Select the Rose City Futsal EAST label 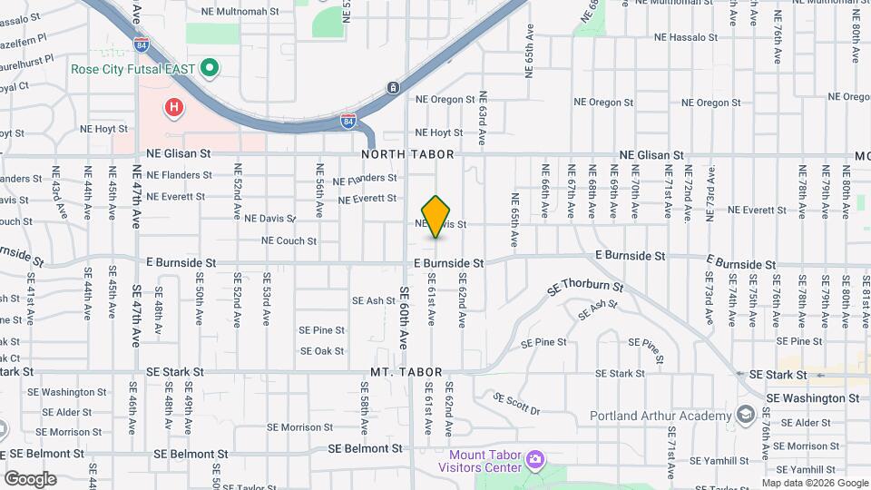[134, 68]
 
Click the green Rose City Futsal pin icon [210, 67]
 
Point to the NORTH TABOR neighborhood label [401, 155]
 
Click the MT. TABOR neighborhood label [406, 373]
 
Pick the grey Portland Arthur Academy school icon [746, 416]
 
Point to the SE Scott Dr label [517, 404]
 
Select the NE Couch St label [289, 241]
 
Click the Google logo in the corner [30, 478]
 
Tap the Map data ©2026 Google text [815, 484]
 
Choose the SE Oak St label [322, 351]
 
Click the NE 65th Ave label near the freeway [528, 53]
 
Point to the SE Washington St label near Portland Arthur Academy [812, 397]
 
